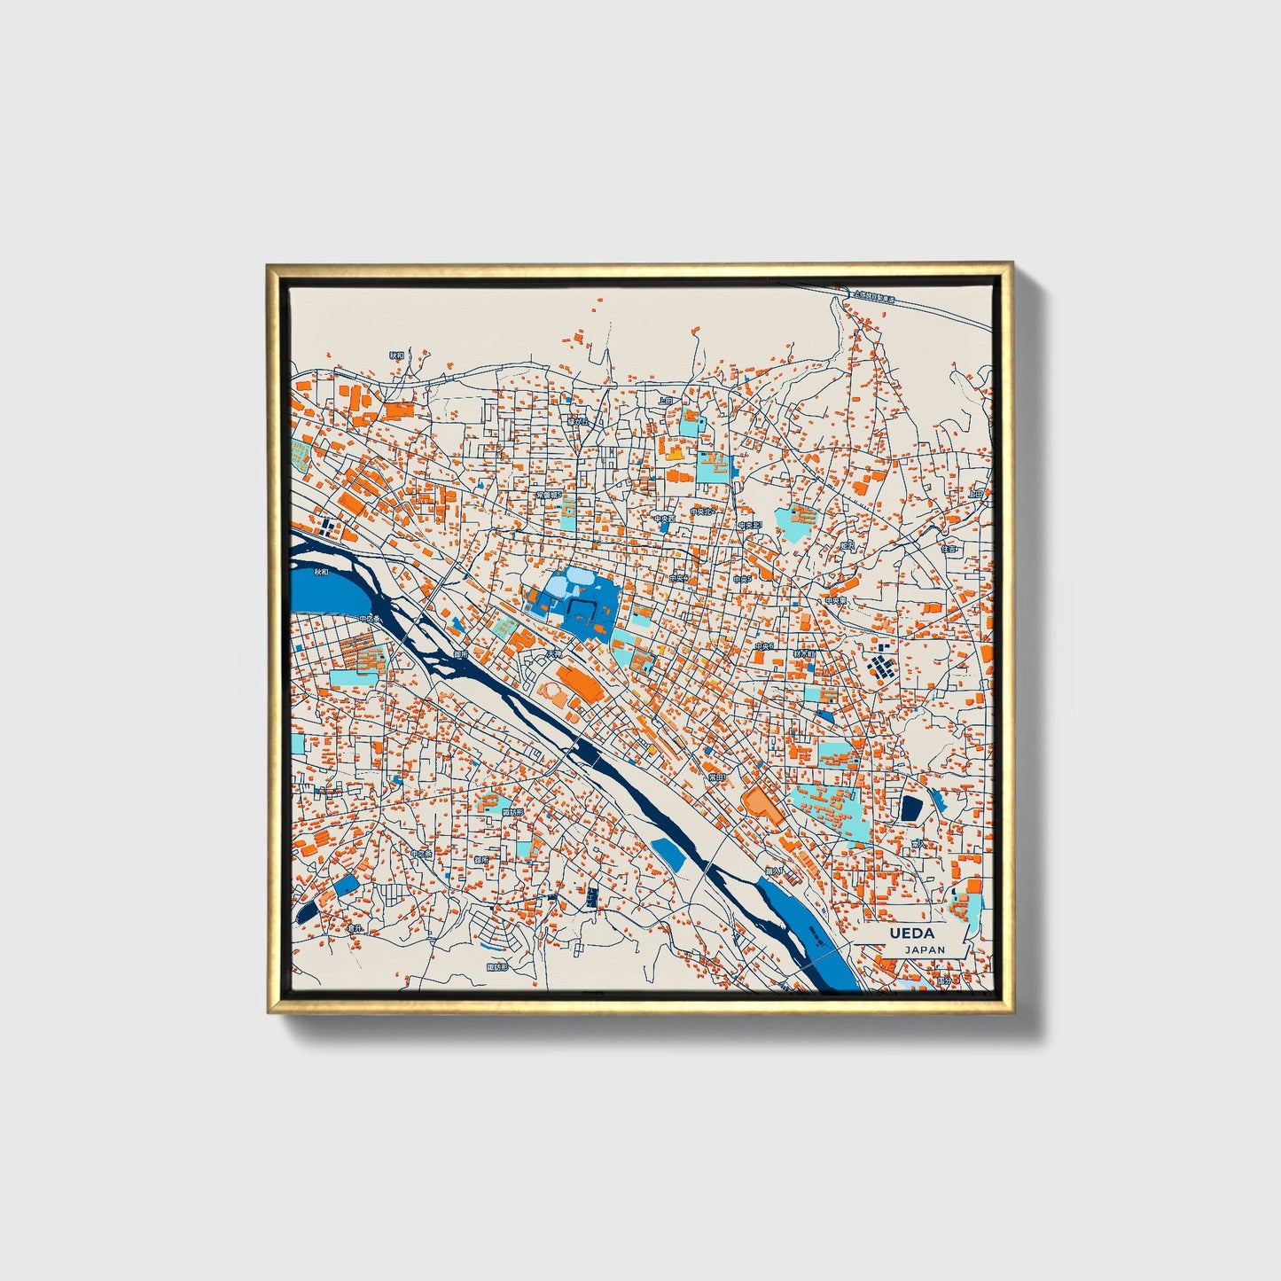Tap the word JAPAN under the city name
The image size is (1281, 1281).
(x=925, y=949)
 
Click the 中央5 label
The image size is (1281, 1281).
(x=742, y=579)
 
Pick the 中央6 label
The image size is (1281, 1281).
(x=764, y=647)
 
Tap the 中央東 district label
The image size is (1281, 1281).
(x=835, y=600)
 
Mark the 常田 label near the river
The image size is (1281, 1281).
(x=715, y=777)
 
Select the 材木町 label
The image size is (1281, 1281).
(x=804, y=653)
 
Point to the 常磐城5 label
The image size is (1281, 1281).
(x=549, y=496)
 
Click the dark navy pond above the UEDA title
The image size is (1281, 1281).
(x=910, y=808)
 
